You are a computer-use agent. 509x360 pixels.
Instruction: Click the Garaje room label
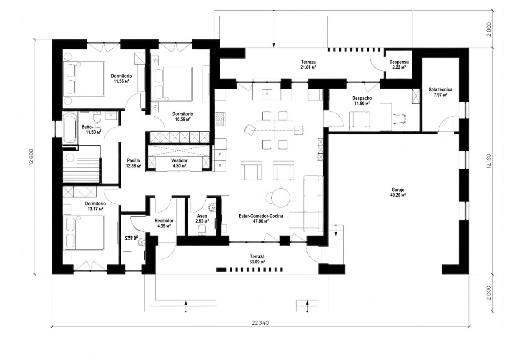tap(398, 190)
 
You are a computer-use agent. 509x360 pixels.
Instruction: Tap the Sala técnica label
tap(440, 90)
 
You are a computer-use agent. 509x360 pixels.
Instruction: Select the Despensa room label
tap(399, 62)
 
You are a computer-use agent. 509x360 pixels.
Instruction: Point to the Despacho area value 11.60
tap(362, 104)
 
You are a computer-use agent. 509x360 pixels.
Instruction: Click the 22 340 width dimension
tap(260, 323)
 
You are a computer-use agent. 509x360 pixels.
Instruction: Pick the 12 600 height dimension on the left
tap(31, 157)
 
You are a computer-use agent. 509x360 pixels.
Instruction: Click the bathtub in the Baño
tap(70, 128)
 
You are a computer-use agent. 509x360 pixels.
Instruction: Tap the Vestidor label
tap(179, 160)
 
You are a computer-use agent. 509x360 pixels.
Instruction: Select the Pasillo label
tap(133, 160)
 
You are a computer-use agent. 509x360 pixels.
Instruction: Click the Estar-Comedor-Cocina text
tap(261, 216)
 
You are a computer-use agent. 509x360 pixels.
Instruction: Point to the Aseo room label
tap(202, 216)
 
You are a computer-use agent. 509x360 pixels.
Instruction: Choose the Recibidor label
tap(164, 220)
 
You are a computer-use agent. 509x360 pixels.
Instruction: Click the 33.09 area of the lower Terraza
tap(257, 262)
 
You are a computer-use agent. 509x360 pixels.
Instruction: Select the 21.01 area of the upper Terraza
tap(308, 67)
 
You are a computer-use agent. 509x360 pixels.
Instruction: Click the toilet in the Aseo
tap(202, 230)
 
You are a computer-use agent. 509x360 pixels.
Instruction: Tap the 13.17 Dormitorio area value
tap(95, 209)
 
